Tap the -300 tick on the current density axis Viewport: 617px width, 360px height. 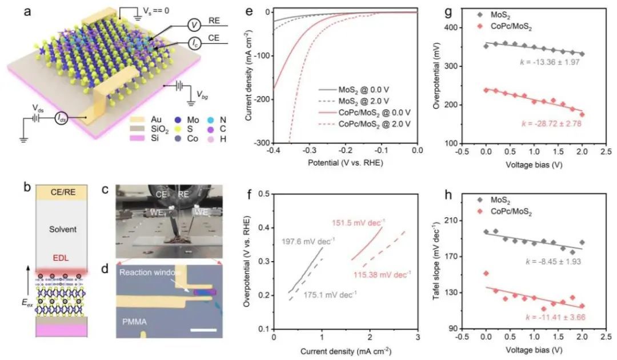tap(263, 143)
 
